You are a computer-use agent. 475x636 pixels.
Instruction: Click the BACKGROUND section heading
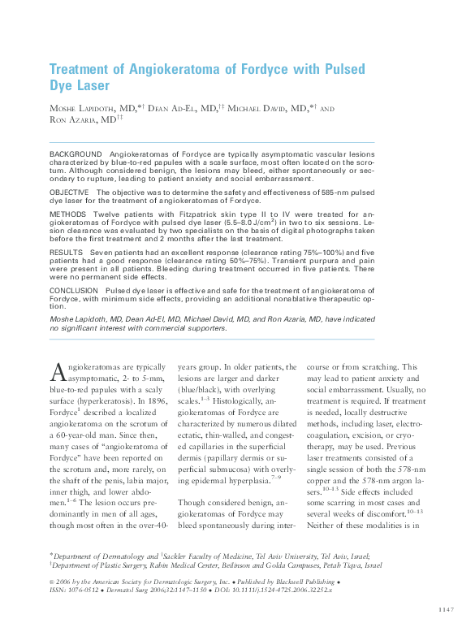76,154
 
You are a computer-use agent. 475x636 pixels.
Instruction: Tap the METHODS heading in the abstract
68,214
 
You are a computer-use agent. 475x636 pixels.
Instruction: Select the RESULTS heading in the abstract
67,253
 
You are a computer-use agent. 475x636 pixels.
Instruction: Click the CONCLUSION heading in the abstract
74,290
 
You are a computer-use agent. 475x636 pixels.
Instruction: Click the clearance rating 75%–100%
310,253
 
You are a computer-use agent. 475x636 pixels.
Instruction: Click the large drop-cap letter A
57,371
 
